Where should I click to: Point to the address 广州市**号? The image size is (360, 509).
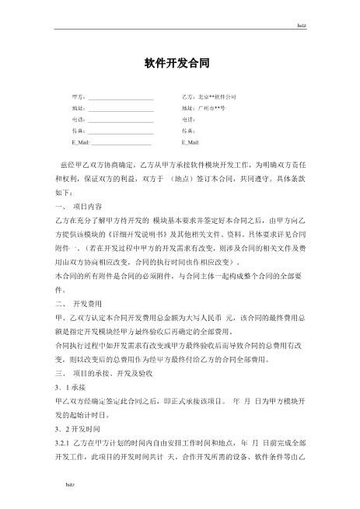[x=211, y=109]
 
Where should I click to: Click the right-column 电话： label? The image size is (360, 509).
[x=189, y=120]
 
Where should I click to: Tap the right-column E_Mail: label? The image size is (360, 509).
[x=190, y=143]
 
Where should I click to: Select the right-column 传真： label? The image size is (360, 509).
[x=189, y=131]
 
